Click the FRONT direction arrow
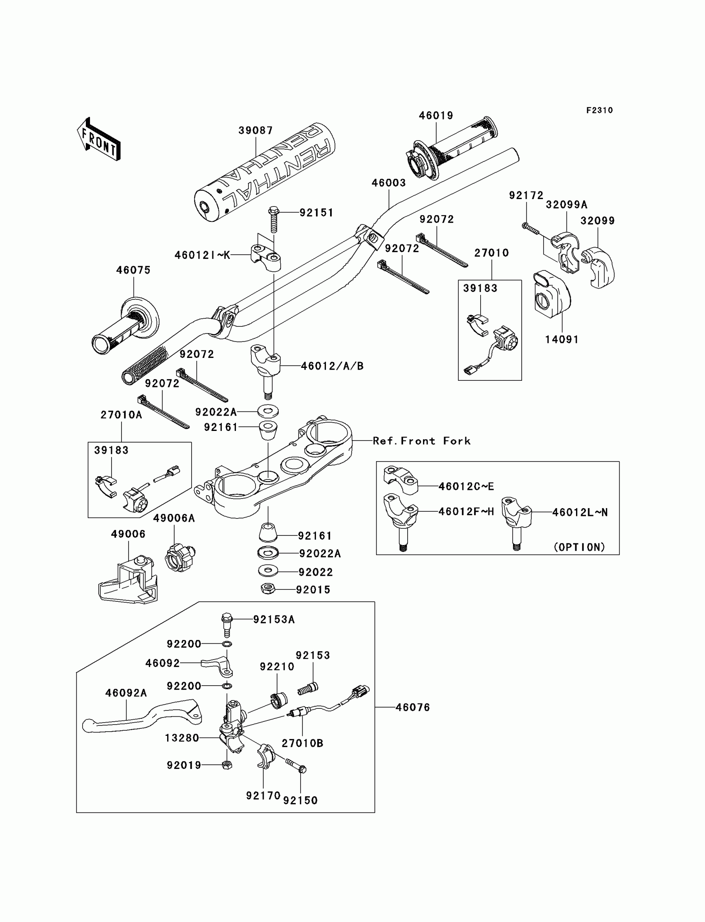(x=99, y=140)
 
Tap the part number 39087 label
(x=255, y=131)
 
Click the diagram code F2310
(x=599, y=110)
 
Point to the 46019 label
(x=436, y=116)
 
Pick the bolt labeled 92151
(x=274, y=219)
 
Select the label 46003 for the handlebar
(x=389, y=183)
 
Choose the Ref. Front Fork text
(x=421, y=441)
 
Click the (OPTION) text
(x=579, y=547)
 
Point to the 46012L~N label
(x=579, y=512)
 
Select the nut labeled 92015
(x=267, y=589)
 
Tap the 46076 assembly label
(x=413, y=708)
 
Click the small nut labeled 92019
(x=226, y=765)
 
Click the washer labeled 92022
(x=268, y=571)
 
